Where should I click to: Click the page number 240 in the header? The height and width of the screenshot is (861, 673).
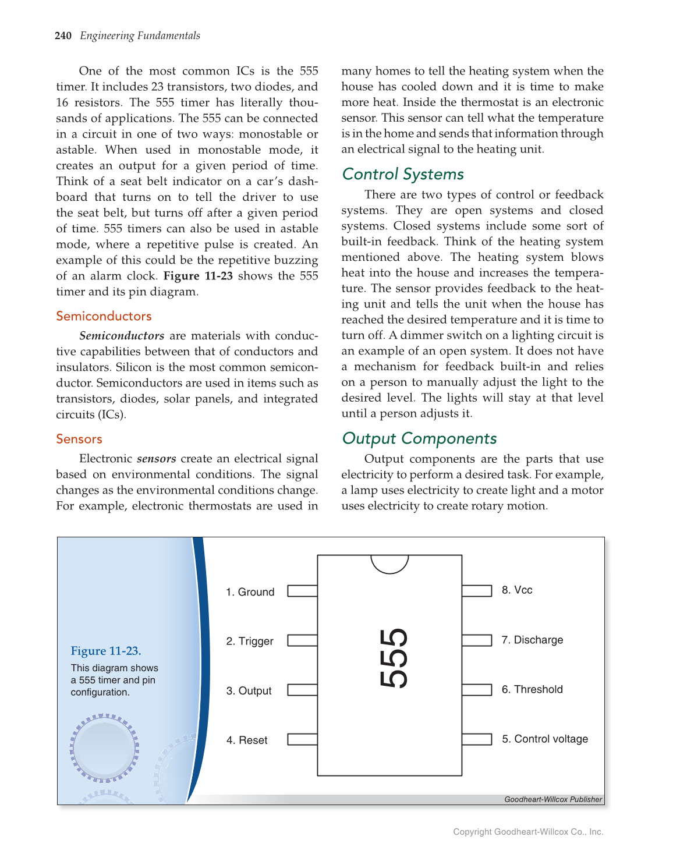coord(63,36)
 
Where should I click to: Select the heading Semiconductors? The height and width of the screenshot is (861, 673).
coord(104,316)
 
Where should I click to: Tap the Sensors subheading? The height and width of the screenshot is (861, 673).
coord(79,439)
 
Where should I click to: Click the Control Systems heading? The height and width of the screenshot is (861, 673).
coord(403,174)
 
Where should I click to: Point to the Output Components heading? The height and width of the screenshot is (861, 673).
coord(419,438)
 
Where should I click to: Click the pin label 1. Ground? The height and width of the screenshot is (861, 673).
coord(250,592)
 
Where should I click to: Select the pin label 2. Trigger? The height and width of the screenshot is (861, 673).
coord(250,641)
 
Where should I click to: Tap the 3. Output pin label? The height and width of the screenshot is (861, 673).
coord(249,690)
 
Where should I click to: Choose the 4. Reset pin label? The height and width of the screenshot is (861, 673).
coord(247,740)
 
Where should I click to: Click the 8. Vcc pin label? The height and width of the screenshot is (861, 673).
coord(517,590)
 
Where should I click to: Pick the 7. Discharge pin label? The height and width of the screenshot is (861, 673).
coord(532,640)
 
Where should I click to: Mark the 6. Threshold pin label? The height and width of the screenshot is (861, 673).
coord(532,689)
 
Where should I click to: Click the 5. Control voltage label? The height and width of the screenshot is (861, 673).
coord(545,739)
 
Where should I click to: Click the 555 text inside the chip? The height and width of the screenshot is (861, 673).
coord(393,658)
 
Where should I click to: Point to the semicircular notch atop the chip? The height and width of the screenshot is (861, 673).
coord(389,563)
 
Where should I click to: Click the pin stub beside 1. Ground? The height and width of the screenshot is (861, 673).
coord(302,591)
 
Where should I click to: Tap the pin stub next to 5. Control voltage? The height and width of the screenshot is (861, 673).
coord(477,739)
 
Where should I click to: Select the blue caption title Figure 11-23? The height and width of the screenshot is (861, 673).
coord(106,651)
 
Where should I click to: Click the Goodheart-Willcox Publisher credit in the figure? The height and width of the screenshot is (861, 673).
coord(552,799)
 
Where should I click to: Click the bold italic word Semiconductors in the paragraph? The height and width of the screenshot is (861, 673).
coord(122,336)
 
